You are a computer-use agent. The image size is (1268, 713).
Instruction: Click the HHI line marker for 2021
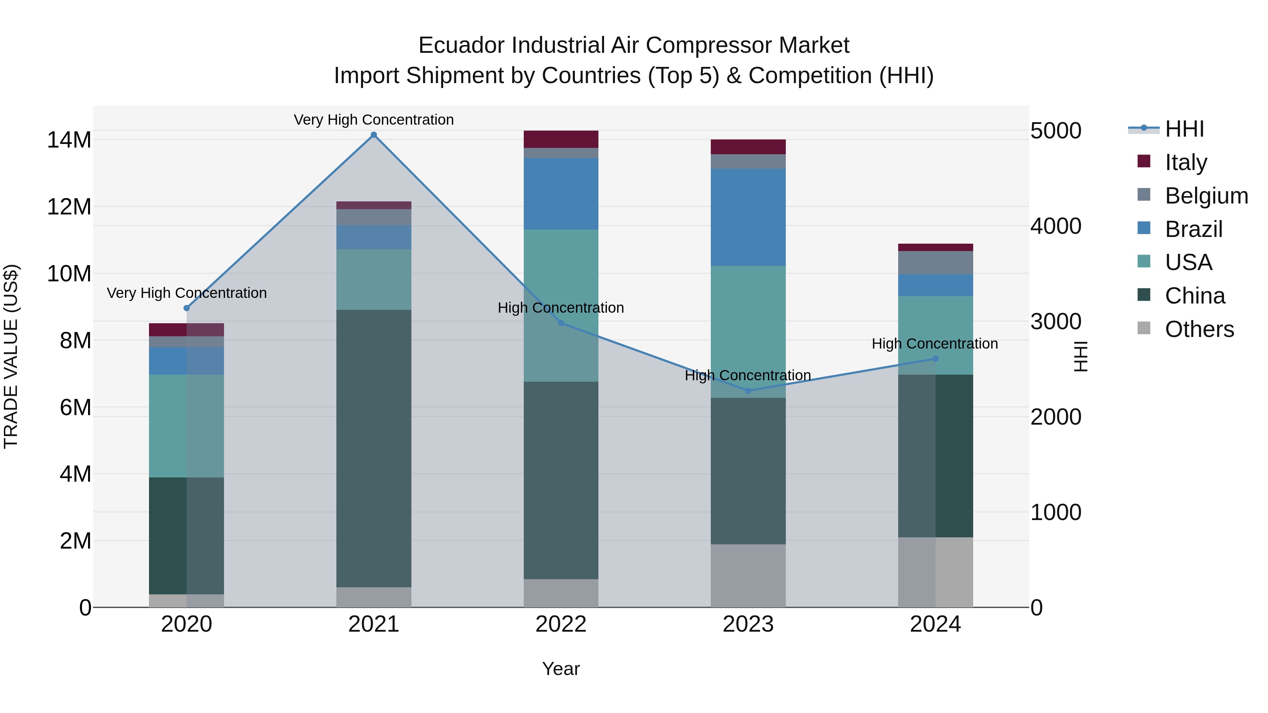pos(374,135)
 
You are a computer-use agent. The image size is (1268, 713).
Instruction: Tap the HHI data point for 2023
pos(748,391)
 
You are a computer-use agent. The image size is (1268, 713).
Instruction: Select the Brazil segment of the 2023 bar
pos(748,217)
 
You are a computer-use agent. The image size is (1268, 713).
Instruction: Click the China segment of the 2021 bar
pos(374,448)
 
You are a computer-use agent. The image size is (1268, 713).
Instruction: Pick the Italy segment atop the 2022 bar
pos(561,139)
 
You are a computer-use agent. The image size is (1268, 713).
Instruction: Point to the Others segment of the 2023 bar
pos(748,575)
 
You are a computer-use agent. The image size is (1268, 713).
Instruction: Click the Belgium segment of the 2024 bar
pos(935,263)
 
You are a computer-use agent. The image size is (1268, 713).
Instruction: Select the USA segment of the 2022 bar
pos(561,276)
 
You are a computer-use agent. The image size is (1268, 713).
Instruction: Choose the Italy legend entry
pos(1185,162)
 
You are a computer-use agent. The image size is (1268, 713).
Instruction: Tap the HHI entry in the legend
pos(1184,129)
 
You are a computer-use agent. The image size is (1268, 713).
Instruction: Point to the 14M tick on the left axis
pos(69,140)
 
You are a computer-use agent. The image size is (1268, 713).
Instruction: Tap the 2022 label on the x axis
pos(561,624)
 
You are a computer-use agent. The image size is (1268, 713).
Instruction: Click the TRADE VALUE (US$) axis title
pos(11,356)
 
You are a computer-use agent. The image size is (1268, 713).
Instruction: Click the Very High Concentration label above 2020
pos(187,293)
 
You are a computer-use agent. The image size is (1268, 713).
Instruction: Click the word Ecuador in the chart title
pos(461,45)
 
